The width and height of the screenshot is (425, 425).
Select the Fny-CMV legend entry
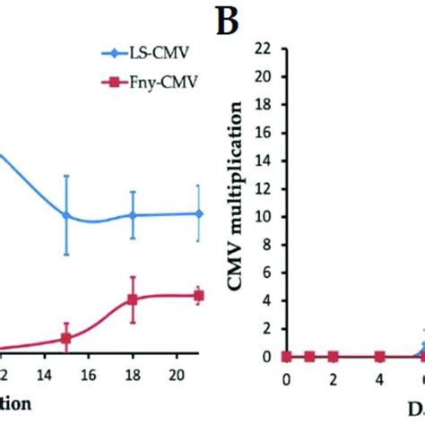pyautogui.click(x=157, y=87)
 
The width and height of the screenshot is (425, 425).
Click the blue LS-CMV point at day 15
pyautogui.click(x=66, y=215)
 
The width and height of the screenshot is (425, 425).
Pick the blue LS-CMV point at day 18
pyautogui.click(x=132, y=215)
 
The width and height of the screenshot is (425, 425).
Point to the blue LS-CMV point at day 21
pyautogui.click(x=199, y=213)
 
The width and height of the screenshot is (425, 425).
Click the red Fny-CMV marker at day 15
pyautogui.click(x=66, y=338)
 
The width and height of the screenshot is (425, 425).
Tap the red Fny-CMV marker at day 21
pyautogui.click(x=199, y=295)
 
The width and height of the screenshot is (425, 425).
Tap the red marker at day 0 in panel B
pyautogui.click(x=286, y=356)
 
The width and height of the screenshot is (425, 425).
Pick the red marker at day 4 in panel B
pyautogui.click(x=379, y=356)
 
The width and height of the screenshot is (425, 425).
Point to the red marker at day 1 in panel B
pyautogui.click(x=309, y=356)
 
